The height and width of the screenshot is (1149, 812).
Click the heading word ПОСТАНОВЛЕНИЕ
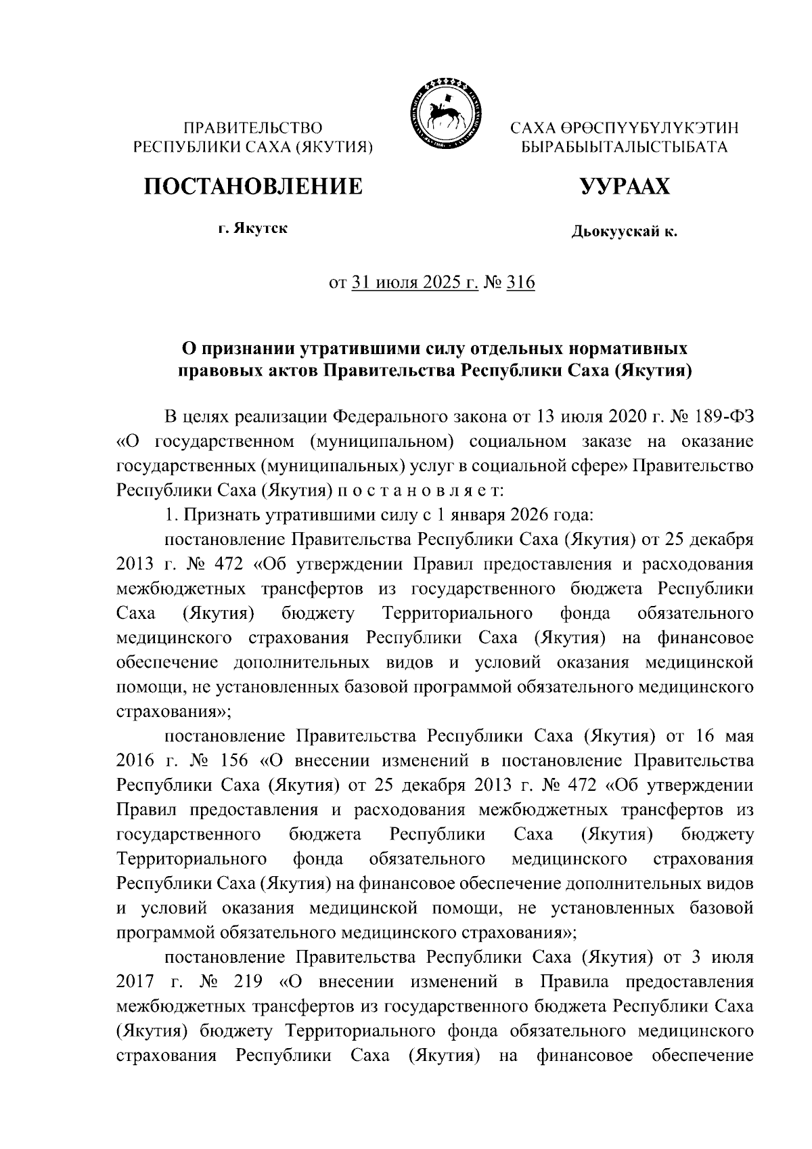[x=252, y=186]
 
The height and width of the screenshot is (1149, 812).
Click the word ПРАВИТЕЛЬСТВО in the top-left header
[x=253, y=127]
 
